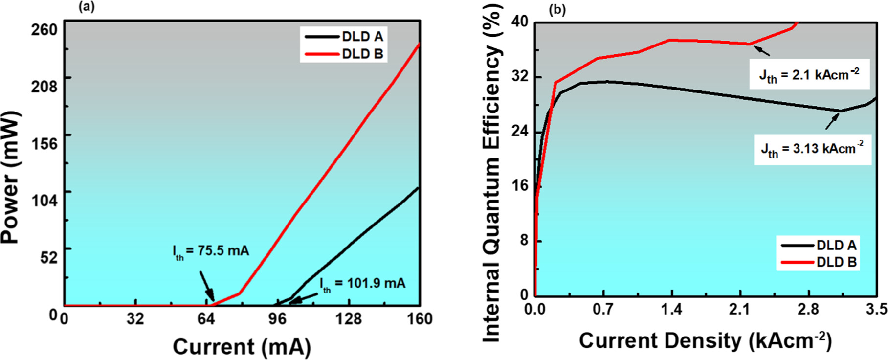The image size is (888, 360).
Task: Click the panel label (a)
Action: (x=87, y=7)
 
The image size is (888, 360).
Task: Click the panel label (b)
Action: (x=557, y=10)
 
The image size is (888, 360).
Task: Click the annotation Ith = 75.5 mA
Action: (x=211, y=251)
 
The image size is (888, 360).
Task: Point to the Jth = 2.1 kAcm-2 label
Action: (x=809, y=75)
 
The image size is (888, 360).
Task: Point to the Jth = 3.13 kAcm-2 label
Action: (x=812, y=149)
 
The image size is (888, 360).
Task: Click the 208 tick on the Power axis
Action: (x=44, y=87)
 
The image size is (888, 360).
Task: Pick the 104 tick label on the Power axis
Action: (x=44, y=201)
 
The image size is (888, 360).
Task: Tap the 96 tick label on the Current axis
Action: (x=277, y=319)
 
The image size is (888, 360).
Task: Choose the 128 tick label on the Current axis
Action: (x=348, y=319)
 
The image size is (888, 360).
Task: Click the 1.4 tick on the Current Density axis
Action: (x=671, y=310)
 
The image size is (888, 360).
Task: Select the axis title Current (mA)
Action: (x=242, y=347)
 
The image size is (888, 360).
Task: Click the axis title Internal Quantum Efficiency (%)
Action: (x=492, y=174)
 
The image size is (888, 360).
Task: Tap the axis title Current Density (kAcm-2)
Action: (x=705, y=341)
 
